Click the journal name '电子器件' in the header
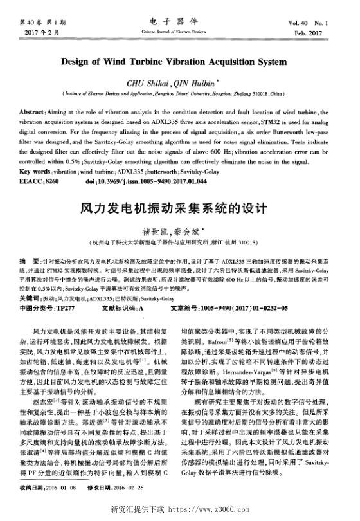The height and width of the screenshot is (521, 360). [179, 21]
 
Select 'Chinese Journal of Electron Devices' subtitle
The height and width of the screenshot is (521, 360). [179, 31]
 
